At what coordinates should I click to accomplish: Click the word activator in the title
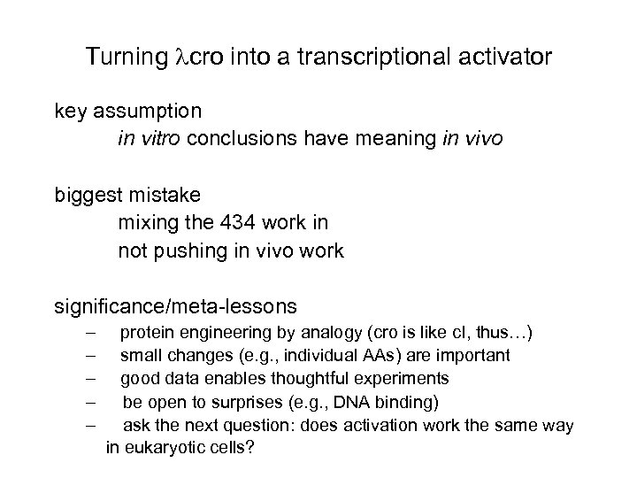(x=504, y=58)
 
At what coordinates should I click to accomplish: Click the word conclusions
(x=238, y=139)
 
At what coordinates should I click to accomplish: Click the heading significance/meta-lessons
(x=176, y=306)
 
